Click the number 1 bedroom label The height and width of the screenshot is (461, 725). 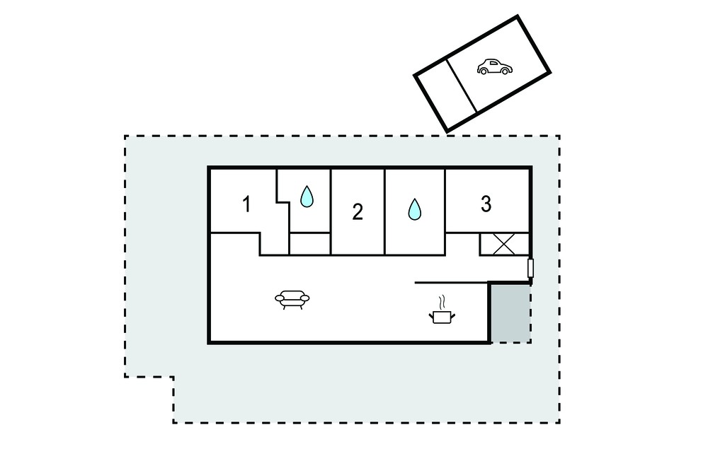(247, 204)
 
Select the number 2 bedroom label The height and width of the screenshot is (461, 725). (358, 212)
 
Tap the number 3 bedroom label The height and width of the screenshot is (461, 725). (486, 204)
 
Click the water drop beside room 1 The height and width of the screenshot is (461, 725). (307, 196)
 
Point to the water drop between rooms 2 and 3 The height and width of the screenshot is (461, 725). (415, 209)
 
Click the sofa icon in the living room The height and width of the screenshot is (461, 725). (292, 299)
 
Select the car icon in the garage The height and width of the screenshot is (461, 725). (495, 67)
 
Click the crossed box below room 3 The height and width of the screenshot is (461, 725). (503, 244)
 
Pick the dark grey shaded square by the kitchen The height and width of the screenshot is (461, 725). (510, 313)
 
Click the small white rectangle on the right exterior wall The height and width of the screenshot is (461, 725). (531, 269)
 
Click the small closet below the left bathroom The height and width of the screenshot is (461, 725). (310, 244)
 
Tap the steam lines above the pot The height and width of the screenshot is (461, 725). (443, 302)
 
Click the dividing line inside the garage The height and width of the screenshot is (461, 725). (462, 86)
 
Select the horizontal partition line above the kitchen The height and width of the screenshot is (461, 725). (452, 282)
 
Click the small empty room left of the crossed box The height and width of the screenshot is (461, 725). (462, 244)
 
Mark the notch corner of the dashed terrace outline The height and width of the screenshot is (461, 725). (173, 377)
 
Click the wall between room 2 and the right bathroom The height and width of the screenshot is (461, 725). (384, 212)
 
